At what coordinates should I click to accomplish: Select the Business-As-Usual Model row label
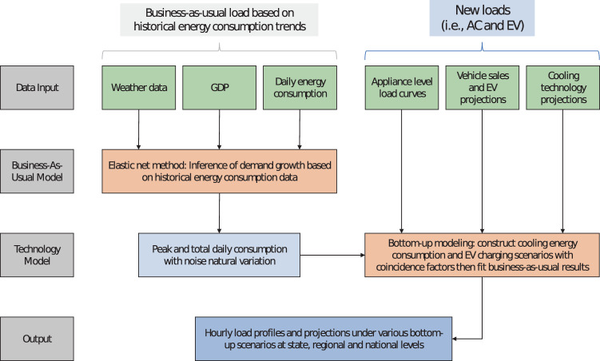point(38,170)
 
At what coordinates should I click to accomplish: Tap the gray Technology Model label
point(38,253)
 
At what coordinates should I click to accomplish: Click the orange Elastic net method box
point(219,170)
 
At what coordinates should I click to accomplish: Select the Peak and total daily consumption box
point(219,254)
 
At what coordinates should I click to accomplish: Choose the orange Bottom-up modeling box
point(482,254)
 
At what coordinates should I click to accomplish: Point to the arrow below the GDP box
point(219,128)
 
